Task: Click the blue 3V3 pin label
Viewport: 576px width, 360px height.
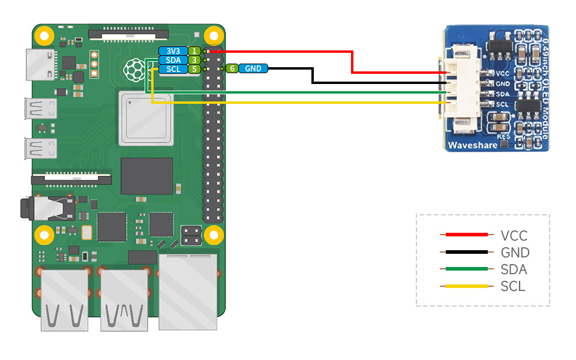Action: pyautogui.click(x=172, y=51)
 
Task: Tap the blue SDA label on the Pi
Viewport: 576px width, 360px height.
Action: pyautogui.click(x=172, y=60)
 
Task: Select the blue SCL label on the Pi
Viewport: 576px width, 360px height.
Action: pyautogui.click(x=172, y=69)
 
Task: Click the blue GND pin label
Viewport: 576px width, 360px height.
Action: pyautogui.click(x=253, y=69)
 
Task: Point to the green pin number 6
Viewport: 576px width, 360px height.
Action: pyautogui.click(x=232, y=69)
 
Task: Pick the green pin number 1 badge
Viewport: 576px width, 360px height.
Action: pyautogui.click(x=194, y=51)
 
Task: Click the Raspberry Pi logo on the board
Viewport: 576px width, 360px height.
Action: pyautogui.click(x=134, y=71)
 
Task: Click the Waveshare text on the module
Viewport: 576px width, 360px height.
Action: pyautogui.click(x=472, y=145)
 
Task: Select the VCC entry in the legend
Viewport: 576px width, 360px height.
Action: pyautogui.click(x=514, y=236)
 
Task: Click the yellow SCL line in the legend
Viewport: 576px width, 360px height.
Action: pyautogui.click(x=466, y=286)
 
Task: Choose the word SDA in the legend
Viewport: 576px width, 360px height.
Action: pyautogui.click(x=513, y=269)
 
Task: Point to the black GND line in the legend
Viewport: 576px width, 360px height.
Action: pyautogui.click(x=466, y=253)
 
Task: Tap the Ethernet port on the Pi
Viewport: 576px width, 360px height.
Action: pyautogui.click(x=188, y=291)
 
